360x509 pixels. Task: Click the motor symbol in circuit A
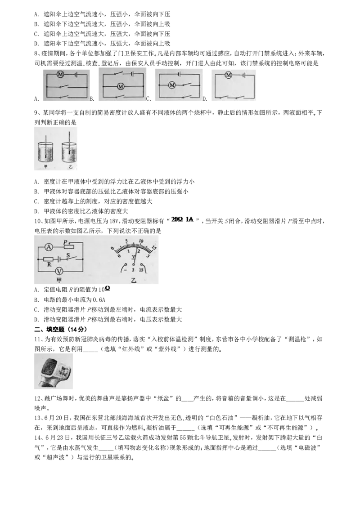click(60, 75)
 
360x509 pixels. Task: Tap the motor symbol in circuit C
click(172, 85)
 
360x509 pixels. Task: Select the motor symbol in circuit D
click(228, 75)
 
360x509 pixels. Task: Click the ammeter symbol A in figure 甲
click(49, 247)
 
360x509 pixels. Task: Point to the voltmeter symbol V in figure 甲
click(59, 271)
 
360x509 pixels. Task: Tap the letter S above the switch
click(68, 255)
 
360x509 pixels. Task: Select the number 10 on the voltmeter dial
click(141, 241)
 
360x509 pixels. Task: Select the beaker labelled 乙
click(68, 152)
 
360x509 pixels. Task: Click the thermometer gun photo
click(54, 371)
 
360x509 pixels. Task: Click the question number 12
click(38, 398)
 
